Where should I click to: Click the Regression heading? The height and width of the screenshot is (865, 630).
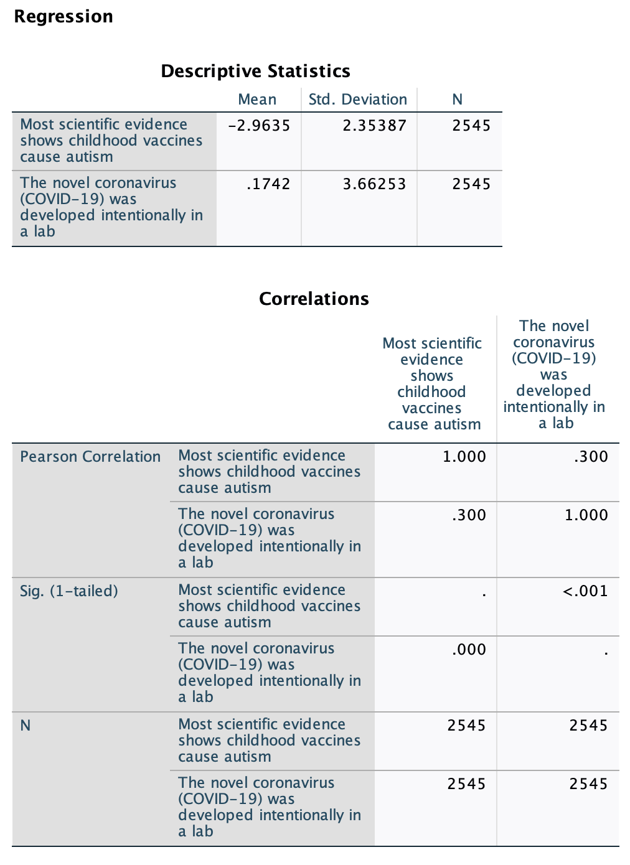[63, 17]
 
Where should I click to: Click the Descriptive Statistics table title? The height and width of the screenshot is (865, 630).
[255, 72]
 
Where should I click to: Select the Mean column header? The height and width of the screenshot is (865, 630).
[257, 100]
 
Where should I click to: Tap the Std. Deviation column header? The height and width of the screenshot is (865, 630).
[357, 100]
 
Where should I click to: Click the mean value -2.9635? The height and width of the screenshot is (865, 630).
[259, 126]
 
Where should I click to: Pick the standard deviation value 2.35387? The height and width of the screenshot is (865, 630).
[374, 126]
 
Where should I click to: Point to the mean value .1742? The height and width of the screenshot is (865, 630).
[268, 184]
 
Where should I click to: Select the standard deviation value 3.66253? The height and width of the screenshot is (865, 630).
[374, 184]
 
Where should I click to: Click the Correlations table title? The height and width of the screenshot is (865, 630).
[314, 299]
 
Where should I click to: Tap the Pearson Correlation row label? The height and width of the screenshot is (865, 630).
[90, 457]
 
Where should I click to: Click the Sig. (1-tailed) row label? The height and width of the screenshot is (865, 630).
[69, 591]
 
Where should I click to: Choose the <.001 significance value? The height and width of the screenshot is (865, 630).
[585, 591]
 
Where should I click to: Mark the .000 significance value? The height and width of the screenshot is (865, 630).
[469, 650]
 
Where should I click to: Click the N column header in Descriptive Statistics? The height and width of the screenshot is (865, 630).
[458, 100]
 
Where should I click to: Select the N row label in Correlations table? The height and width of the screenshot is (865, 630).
[26, 726]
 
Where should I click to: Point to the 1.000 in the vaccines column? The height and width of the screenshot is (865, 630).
[464, 457]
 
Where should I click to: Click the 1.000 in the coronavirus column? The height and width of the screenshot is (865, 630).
[586, 515]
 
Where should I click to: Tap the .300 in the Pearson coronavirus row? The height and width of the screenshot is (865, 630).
[469, 515]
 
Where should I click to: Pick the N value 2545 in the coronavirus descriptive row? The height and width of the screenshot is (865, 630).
[471, 184]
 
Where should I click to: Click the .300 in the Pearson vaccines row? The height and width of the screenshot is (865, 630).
[591, 457]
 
